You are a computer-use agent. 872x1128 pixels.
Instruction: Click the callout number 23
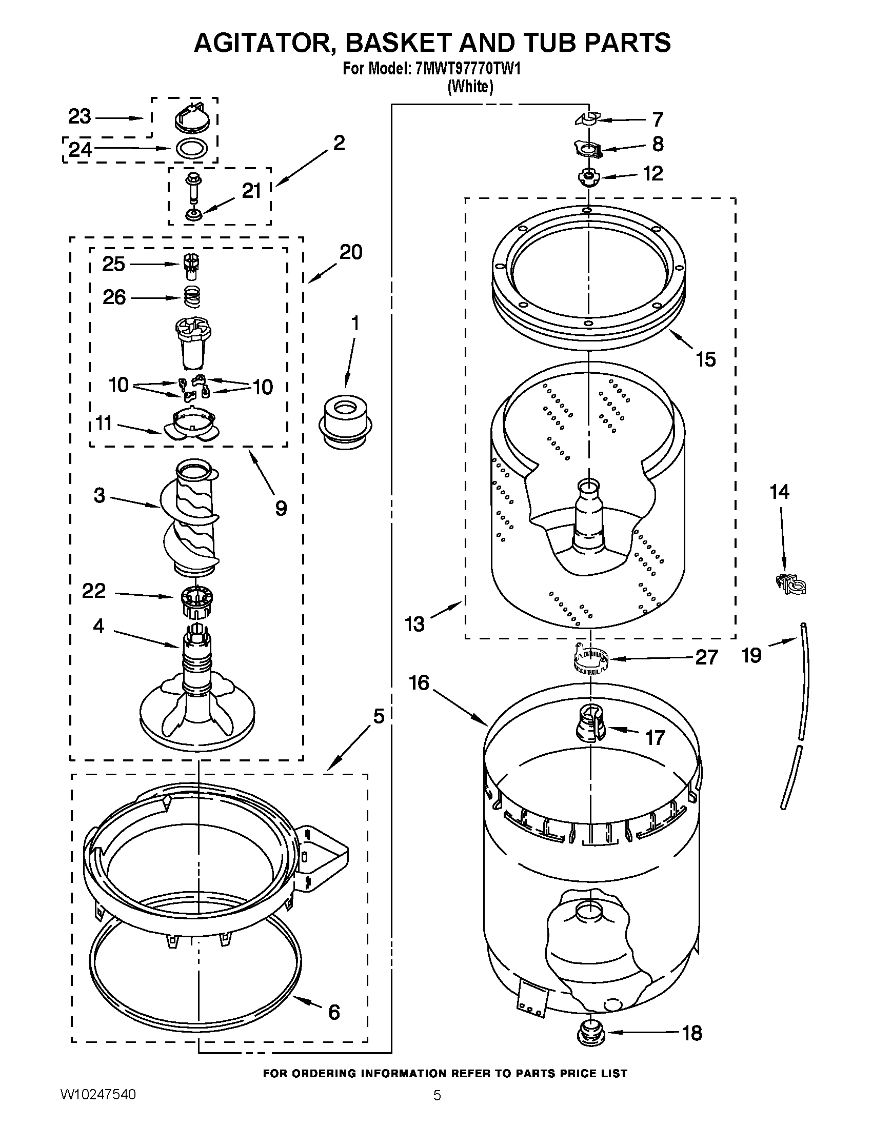[x=80, y=117]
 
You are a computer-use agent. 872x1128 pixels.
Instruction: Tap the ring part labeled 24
[x=192, y=149]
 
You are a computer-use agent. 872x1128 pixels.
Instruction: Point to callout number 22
[x=93, y=590]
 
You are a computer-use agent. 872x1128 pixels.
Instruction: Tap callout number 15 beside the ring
[x=706, y=359]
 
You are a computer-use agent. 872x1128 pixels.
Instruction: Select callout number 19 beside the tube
[x=751, y=655]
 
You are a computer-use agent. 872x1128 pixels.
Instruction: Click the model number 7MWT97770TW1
[x=467, y=69]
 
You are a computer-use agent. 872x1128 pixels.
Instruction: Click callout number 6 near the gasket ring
[x=334, y=1011]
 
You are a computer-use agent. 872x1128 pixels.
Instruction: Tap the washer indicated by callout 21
[x=194, y=214]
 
